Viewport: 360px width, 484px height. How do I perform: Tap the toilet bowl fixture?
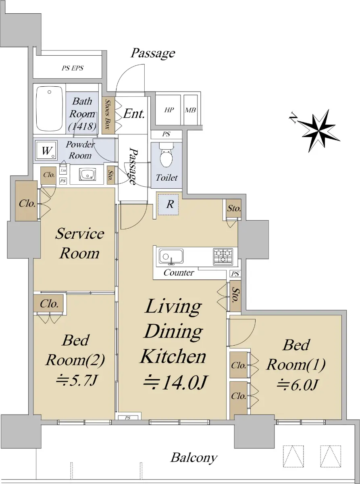166,154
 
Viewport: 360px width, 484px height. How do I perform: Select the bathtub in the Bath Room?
49,109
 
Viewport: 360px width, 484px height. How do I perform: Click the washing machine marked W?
47,150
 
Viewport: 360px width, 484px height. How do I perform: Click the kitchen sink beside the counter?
171,256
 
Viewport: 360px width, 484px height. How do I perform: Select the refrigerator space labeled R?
168,204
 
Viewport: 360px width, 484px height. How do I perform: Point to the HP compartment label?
169,110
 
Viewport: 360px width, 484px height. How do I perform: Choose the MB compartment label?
190,110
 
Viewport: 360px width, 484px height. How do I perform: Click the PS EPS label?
72,68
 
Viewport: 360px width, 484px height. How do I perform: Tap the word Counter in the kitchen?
179,272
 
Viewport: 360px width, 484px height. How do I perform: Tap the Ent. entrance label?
134,114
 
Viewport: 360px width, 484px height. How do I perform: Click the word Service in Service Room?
79,234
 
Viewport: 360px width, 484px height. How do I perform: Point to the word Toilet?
166,177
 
